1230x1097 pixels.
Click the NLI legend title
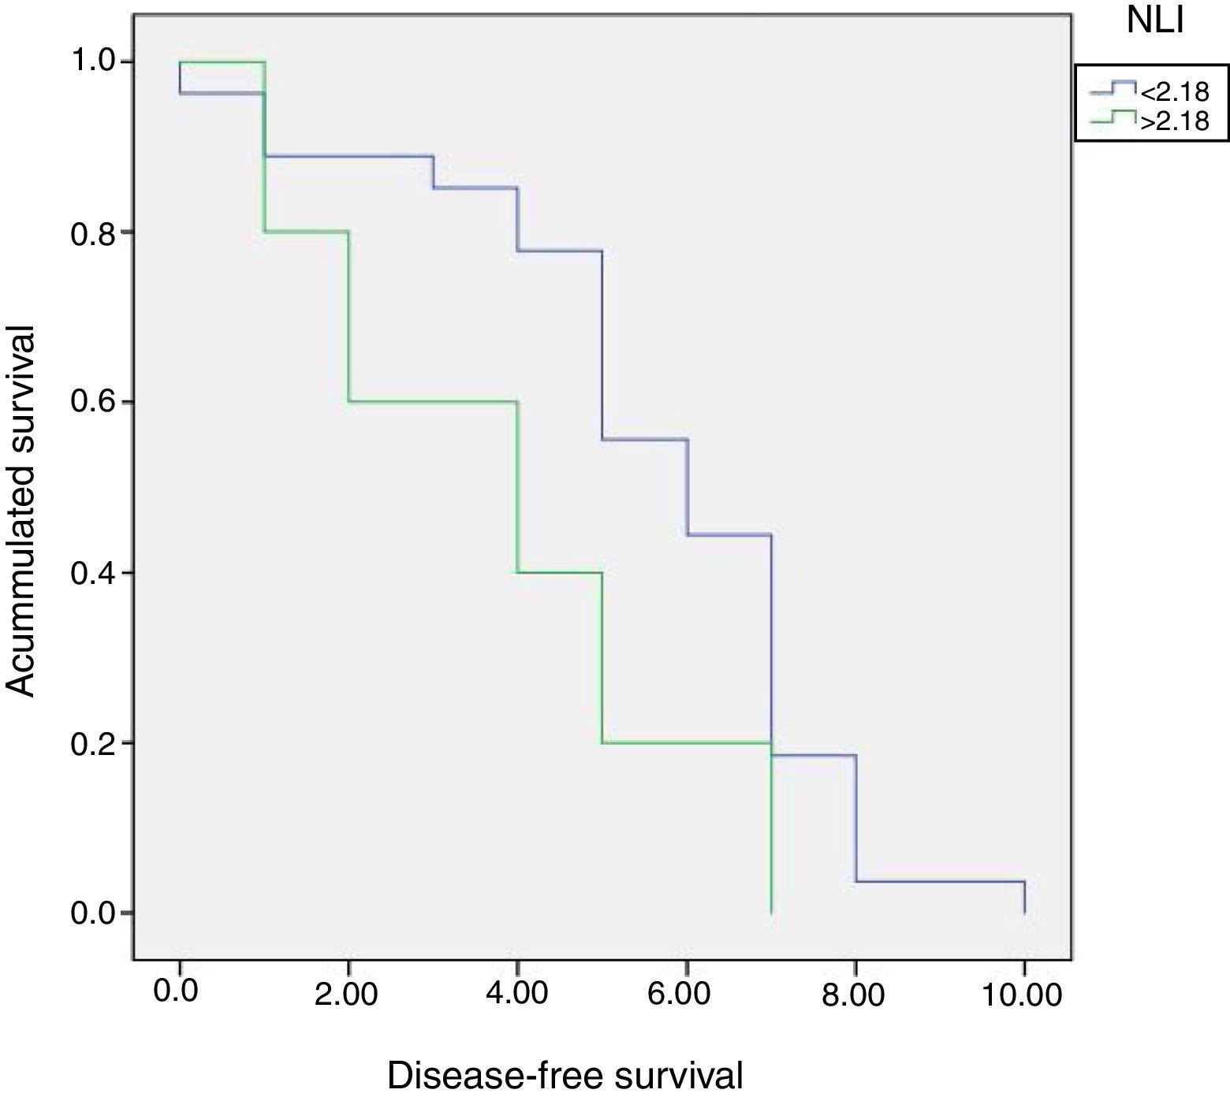pyautogui.click(x=1155, y=21)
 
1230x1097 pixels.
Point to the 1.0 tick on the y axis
pyautogui.click(x=92, y=61)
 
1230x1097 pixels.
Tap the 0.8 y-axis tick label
pyautogui.click(x=92, y=232)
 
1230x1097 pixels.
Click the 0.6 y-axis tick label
pyautogui.click(x=92, y=402)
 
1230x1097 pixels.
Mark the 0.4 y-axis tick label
pyautogui.click(x=92, y=573)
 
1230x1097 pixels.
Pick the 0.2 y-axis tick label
pyautogui.click(x=92, y=743)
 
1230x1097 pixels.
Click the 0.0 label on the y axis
pyautogui.click(x=92, y=913)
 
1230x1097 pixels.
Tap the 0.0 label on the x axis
pyautogui.click(x=176, y=991)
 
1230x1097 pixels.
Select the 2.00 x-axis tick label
pyautogui.click(x=346, y=993)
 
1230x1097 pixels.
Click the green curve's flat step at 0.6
pyautogui.click(x=433, y=402)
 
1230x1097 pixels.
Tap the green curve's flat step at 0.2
pyautogui.click(x=686, y=742)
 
